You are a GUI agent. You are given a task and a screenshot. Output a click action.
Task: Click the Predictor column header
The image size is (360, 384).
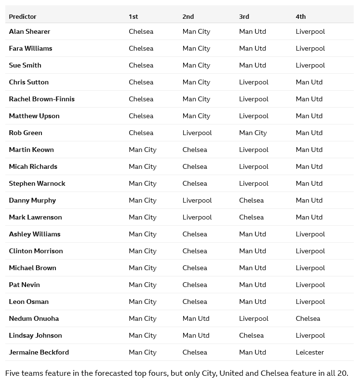coord(23,16)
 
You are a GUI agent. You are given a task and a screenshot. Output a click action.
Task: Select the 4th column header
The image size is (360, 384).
coord(300,16)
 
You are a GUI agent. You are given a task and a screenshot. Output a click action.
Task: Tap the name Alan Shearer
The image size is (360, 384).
coord(29,31)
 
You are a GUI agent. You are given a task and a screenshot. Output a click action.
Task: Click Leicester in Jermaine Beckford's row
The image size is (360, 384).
coord(309,352)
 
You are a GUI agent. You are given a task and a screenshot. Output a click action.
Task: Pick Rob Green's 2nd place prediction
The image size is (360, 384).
coord(197,133)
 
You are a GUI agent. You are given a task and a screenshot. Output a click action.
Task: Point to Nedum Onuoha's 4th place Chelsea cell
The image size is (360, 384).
coord(307,318)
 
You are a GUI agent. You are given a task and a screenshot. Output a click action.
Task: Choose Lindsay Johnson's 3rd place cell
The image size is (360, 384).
coord(251,335)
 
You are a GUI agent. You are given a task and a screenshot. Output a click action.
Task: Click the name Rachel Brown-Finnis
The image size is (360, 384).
coord(41,99)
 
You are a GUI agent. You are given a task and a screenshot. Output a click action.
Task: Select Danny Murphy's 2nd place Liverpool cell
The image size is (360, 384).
coord(197,200)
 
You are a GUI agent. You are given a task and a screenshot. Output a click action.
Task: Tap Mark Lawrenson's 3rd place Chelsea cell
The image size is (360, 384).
coord(251,217)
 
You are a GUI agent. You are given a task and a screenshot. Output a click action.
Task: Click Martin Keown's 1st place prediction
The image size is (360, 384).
coord(142,150)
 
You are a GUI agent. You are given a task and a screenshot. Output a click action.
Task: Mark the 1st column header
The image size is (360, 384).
coord(133,16)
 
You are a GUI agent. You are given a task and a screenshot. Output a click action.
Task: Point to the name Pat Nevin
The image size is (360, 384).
coord(24,285)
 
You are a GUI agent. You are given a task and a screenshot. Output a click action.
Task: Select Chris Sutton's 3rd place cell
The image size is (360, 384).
coord(253,82)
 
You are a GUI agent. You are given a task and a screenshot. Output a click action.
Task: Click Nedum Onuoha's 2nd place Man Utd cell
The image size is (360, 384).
coord(196,318)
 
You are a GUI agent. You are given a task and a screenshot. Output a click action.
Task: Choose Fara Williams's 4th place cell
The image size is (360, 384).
coord(310,48)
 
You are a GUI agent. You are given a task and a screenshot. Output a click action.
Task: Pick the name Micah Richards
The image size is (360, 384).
coord(33,166)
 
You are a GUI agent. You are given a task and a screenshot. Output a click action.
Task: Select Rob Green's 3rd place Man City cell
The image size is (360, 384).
coord(253,133)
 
